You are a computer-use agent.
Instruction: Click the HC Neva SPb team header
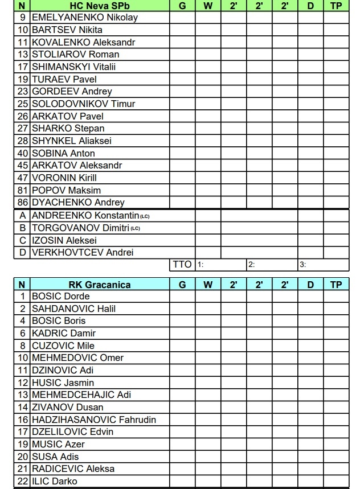tap(100, 5)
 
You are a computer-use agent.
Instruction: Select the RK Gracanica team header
tap(100, 284)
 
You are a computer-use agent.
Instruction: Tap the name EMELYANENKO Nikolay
tap(85, 17)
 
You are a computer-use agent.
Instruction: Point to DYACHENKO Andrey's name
tap(78, 203)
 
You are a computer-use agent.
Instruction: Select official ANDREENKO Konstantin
tap(86, 216)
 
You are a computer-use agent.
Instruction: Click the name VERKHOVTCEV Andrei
tap(83, 253)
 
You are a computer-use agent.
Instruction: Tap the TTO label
tap(182, 265)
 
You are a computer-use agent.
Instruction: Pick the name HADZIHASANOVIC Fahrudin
tap(94, 420)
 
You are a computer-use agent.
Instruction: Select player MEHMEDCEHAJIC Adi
tap(81, 395)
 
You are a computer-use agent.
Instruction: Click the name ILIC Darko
tap(55, 482)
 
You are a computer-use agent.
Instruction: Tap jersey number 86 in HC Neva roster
tap(23, 203)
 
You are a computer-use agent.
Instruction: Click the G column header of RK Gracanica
tap(182, 284)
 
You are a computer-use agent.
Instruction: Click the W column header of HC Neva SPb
tap(208, 5)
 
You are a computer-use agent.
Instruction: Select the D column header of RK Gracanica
tap(310, 284)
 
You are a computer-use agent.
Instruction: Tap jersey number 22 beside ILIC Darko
tap(23, 482)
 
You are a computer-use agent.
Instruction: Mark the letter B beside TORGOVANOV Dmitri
tap(23, 228)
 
